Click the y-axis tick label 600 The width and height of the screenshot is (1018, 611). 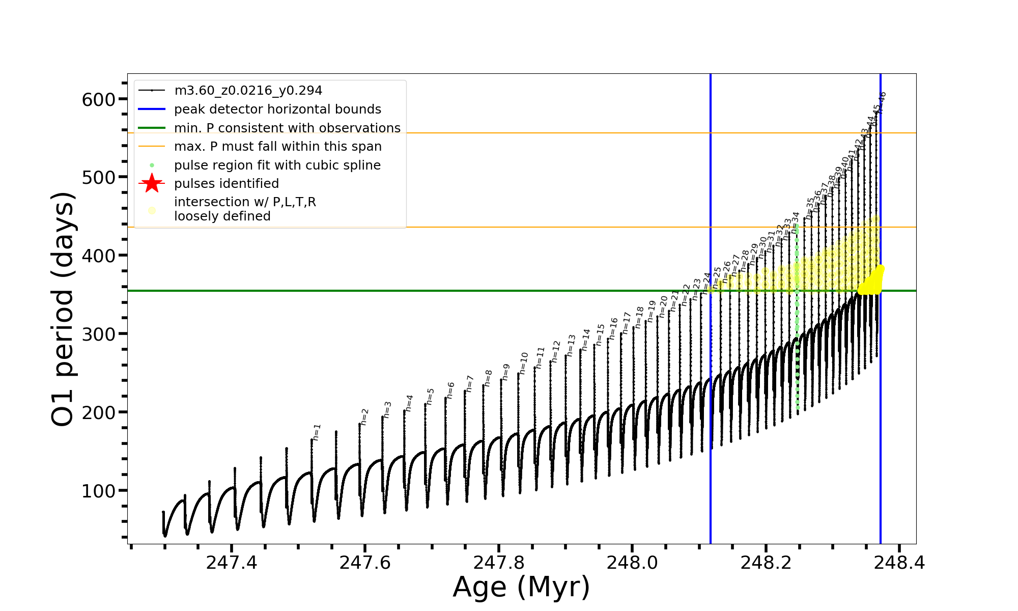pos(99,100)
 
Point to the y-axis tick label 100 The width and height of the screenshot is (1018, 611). pos(99,491)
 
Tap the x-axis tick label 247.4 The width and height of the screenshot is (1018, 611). pos(232,563)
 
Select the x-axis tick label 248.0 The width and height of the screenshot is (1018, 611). pos(632,563)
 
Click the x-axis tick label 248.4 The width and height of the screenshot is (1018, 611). pos(899,563)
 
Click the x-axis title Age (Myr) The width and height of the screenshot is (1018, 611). pos(521,587)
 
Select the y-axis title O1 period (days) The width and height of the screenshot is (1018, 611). pos(64,309)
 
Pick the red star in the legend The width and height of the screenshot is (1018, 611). pos(152,183)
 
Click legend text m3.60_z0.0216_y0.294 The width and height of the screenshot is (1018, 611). pos(248,91)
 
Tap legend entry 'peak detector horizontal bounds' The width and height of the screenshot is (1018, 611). pos(277,109)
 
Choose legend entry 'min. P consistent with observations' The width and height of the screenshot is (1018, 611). pos(287,128)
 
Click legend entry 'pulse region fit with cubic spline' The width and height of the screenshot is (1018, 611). pos(277,165)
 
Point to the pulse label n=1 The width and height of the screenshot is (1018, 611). pos(317,432)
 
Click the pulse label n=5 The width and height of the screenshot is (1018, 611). pos(430,397)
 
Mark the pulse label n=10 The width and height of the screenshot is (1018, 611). pos(524,364)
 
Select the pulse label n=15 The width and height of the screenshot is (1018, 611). pos(601,335)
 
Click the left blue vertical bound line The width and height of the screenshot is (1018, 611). pos(711,407)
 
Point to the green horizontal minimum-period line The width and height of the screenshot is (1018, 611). pos(407,291)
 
